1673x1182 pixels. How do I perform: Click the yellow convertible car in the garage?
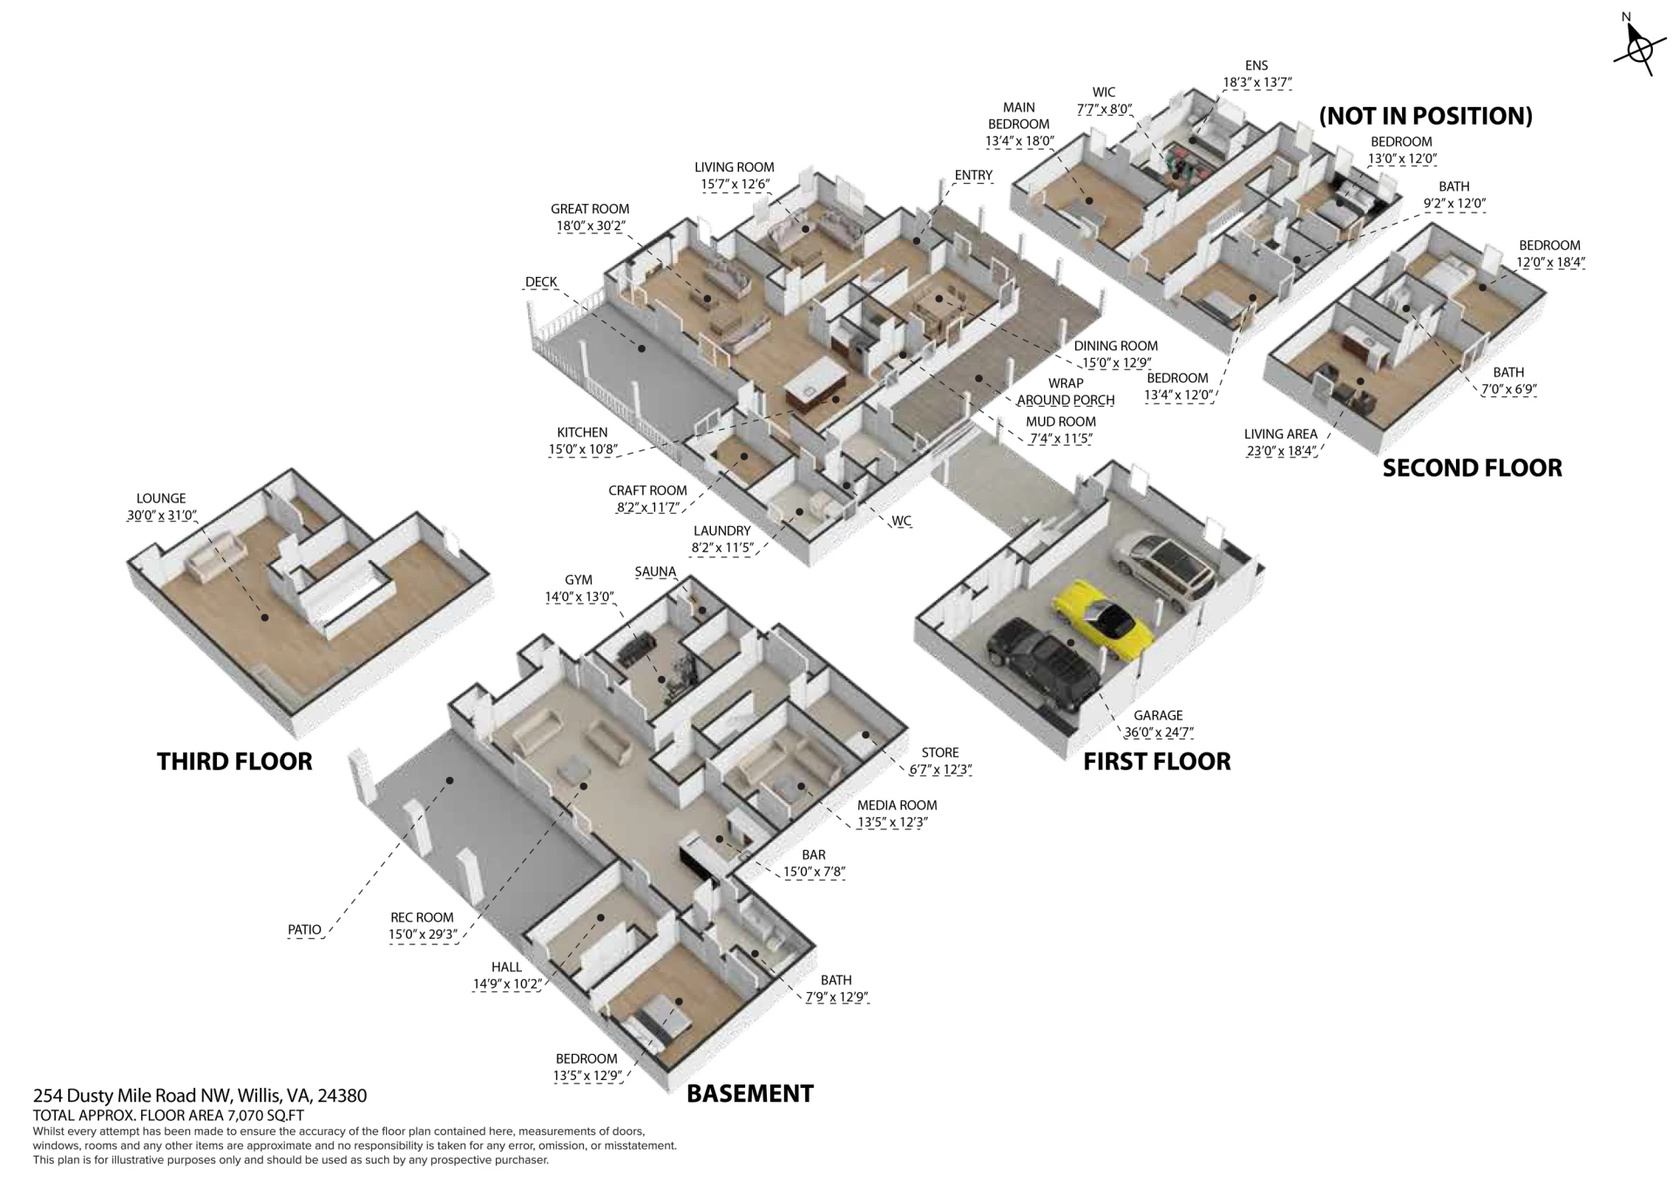point(1103,619)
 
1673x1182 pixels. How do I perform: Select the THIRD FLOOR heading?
point(234,761)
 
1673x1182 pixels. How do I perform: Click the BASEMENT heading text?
point(750,1094)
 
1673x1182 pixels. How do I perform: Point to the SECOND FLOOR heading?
point(1472,469)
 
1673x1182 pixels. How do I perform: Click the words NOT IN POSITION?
point(1426,116)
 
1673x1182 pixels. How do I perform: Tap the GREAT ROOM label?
point(590,209)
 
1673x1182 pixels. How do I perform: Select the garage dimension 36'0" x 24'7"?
point(1158,733)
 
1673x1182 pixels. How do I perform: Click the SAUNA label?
point(655,572)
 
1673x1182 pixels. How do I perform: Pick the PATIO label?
point(304,930)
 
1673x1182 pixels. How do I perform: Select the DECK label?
point(541,282)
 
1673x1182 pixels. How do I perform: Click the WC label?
point(901,522)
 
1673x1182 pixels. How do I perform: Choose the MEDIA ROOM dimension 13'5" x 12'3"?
point(892,822)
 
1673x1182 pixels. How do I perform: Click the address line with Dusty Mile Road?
point(200,1096)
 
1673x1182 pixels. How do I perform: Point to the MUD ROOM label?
point(1060,422)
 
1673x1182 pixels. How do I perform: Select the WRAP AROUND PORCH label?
point(1066,392)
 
